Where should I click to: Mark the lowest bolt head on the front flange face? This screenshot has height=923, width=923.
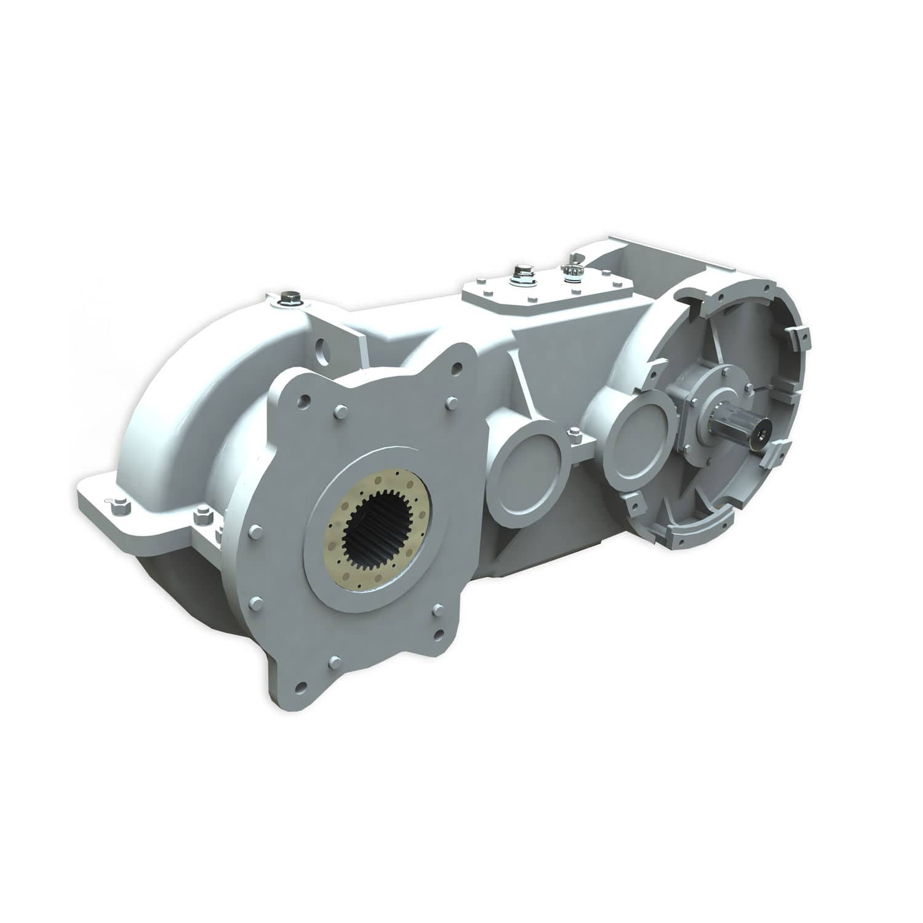(x=332, y=661)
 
